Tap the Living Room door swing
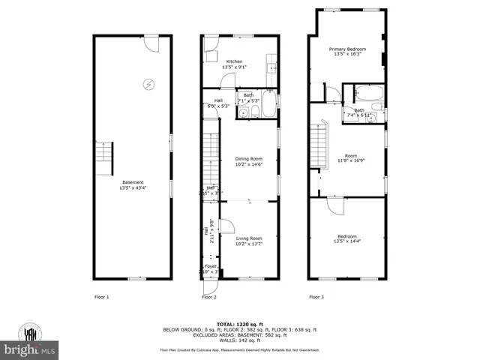point(230,226)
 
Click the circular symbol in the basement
point(148,84)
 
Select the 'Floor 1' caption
point(101,298)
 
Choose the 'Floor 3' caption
point(316,298)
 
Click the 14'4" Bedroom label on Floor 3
point(346,239)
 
